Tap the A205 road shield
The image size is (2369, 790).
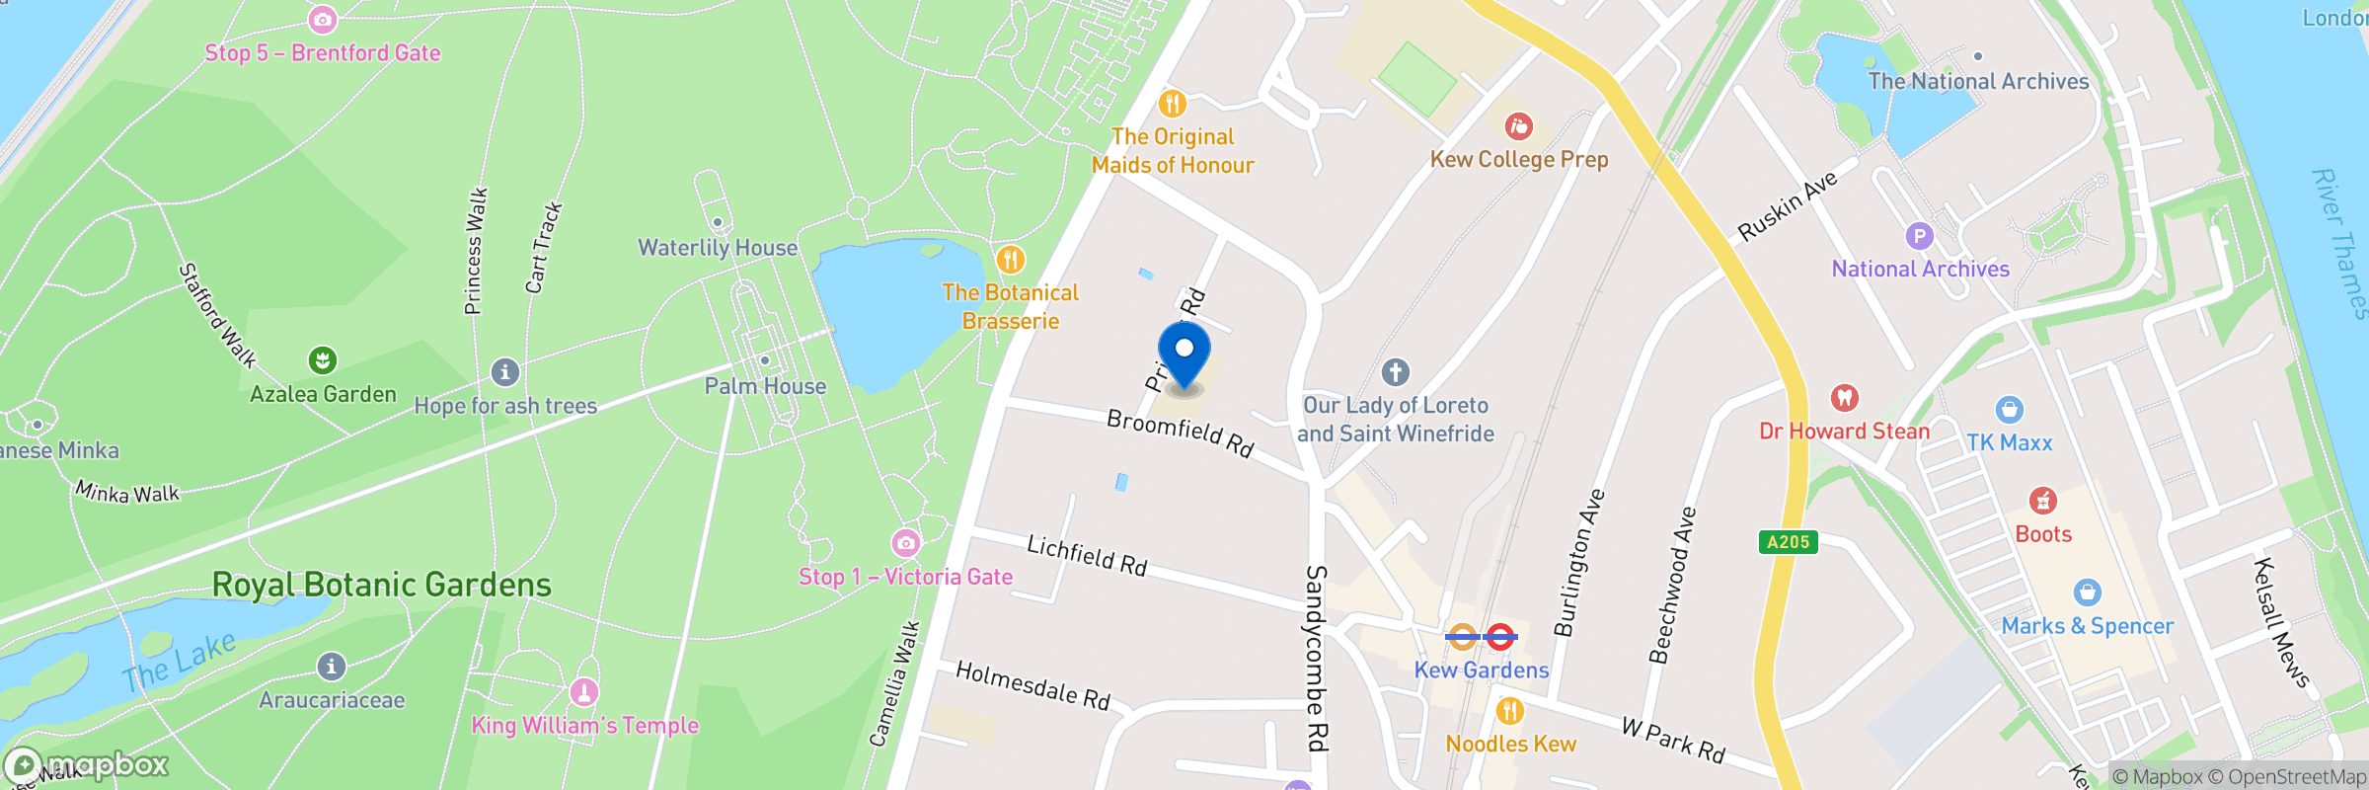pos(1788,541)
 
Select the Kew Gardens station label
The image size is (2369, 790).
pos(1481,670)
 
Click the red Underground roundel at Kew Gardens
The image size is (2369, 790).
pos(1500,637)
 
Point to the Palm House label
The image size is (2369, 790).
pos(765,386)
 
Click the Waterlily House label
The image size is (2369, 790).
pos(718,248)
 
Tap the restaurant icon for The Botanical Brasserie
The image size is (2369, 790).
pos(1010,260)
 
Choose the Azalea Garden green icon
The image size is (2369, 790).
pos(323,360)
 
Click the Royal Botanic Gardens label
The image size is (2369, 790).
pos(382,585)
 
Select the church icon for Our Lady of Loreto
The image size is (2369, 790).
pos(1395,372)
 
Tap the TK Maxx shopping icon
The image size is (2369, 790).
pos(2009,409)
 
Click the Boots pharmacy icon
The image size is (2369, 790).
pos(2042,501)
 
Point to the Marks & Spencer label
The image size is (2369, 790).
pos(2087,626)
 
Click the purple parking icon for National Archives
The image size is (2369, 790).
pos(1919,236)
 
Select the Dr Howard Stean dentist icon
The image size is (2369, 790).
pos(1844,398)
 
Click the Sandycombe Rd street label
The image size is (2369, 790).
pos(1317,658)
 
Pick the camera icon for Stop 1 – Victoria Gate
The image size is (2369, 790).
pos(905,542)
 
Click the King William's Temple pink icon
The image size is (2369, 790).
pos(584,691)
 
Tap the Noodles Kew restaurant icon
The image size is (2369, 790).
pos(1509,710)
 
